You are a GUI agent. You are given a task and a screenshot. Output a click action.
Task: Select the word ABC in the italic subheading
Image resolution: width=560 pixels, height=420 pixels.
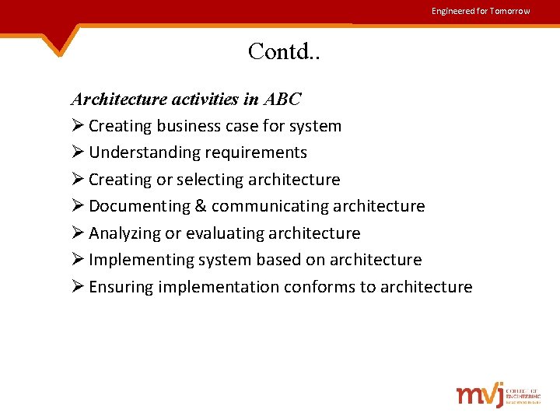pyautogui.click(x=282, y=100)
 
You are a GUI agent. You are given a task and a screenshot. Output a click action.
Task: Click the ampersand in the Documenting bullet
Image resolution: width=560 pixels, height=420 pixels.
pyautogui.click(x=200, y=206)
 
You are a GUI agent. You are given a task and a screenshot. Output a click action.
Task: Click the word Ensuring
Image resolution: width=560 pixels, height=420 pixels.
pyautogui.click(x=121, y=287)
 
